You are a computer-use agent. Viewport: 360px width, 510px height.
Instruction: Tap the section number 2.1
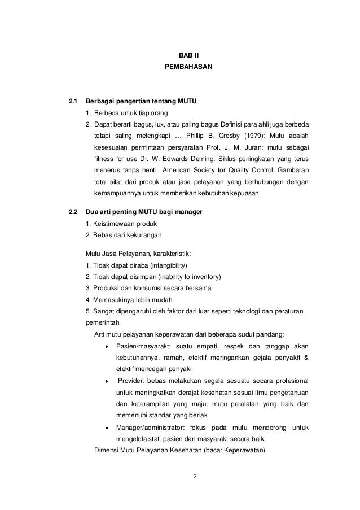72,102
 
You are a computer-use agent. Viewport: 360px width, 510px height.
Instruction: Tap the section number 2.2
72,212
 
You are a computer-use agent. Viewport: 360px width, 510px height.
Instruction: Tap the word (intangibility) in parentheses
164,265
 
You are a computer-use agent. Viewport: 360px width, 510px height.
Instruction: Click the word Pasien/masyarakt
142,346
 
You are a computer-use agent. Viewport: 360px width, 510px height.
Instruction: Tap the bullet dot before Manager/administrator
107,429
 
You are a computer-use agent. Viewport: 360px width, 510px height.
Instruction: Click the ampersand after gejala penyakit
306,358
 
